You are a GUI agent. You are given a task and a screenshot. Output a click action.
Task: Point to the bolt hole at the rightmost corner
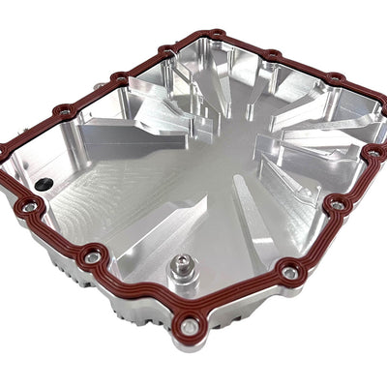[374, 152]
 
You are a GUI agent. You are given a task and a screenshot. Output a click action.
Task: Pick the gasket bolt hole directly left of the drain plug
[94, 256]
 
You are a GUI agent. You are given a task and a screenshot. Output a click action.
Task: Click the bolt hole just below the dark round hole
[30, 206]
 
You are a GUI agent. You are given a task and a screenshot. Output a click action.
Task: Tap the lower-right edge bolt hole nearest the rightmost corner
[337, 204]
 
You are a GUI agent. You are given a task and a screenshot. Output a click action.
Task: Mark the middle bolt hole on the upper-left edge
[119, 77]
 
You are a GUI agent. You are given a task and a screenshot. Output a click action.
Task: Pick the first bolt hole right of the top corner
[273, 54]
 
